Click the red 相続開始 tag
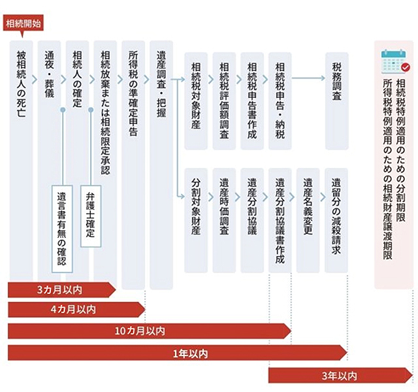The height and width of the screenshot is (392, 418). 24,24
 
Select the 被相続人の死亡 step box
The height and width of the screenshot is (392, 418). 22,160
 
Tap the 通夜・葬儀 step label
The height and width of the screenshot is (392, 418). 50,74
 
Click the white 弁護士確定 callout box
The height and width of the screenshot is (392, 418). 91,216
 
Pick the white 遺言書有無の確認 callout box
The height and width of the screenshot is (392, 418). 62,229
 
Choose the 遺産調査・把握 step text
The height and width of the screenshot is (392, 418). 161,84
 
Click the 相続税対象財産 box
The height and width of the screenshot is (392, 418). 196,101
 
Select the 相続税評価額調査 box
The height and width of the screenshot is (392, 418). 224,101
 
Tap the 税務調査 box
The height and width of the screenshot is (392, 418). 337,101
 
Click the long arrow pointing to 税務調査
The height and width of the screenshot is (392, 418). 308,78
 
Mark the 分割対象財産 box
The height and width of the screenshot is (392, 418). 196,220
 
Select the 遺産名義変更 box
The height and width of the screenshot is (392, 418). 308,220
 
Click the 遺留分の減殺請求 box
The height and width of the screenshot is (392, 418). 336,220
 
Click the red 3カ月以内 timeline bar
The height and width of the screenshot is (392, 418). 62,290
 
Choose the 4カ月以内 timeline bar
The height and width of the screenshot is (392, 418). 76,310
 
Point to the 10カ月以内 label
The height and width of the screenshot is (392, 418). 140,331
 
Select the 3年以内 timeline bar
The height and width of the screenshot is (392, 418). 340,376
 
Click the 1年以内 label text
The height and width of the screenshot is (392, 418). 190,354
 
